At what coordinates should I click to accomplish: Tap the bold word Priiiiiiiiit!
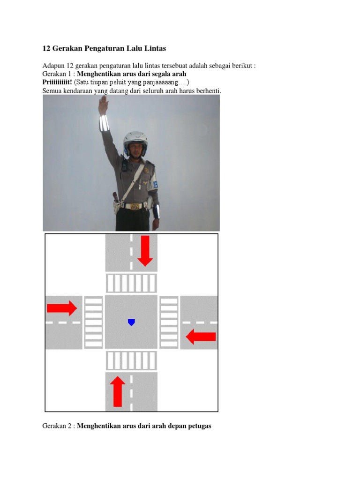pyautogui.click(x=57, y=82)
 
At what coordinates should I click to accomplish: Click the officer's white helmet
pyautogui.click(x=135, y=141)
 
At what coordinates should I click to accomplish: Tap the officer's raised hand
pyautogui.click(x=104, y=105)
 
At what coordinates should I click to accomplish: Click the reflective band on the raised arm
pyautogui.click(x=104, y=123)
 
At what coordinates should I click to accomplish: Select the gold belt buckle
pyautogui.click(x=135, y=207)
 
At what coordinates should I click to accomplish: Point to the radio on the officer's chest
pyautogui.click(x=124, y=165)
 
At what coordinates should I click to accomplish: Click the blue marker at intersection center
pyautogui.click(x=131, y=322)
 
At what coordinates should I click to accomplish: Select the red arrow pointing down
pyautogui.click(x=145, y=251)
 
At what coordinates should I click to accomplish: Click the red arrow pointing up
pyautogui.click(x=118, y=391)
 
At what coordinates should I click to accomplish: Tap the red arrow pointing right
pyautogui.click(x=62, y=308)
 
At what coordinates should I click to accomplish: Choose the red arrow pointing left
pyautogui.click(x=201, y=337)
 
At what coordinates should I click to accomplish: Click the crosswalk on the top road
pyautogui.click(x=131, y=283)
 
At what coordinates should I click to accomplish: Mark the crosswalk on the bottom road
pyautogui.click(x=131, y=360)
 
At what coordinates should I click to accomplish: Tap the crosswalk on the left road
pyautogui.click(x=93, y=322)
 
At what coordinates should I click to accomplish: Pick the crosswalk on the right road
pyautogui.click(x=169, y=322)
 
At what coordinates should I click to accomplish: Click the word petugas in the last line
pyautogui.click(x=199, y=426)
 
